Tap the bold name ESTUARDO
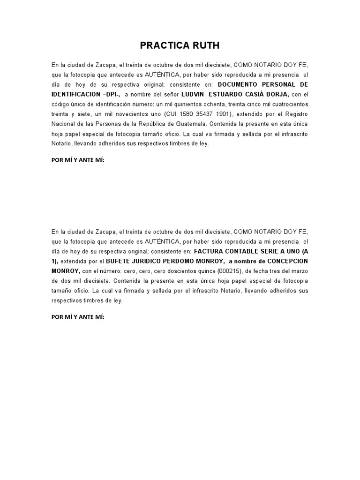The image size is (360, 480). pos(225,94)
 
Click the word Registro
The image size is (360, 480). pos(296,114)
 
